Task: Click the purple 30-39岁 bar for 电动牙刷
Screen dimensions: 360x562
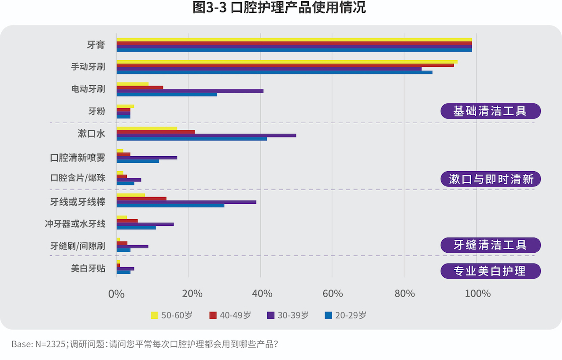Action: coord(190,91)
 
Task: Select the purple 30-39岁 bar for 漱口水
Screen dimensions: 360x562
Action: coord(206,135)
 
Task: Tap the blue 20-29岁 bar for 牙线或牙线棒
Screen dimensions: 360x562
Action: coord(170,206)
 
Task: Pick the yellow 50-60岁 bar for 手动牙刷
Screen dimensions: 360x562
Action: coord(287,62)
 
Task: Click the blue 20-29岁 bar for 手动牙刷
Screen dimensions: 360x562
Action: coord(274,72)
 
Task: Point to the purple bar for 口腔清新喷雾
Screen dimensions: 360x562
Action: coord(147,158)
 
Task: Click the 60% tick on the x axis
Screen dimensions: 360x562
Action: coord(333,294)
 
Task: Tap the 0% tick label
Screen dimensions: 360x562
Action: coord(116,294)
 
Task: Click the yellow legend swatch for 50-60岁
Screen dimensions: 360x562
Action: coord(155,315)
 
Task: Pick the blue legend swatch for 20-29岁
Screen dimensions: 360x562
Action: coord(328,315)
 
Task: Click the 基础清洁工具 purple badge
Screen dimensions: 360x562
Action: coord(490,111)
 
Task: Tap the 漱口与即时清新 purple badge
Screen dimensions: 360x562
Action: coord(490,179)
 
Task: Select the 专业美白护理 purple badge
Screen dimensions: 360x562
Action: coord(490,271)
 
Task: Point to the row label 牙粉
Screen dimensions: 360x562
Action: coord(96,111)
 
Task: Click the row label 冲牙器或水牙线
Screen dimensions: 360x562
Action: coord(75,224)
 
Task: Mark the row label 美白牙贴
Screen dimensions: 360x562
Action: coord(88,268)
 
